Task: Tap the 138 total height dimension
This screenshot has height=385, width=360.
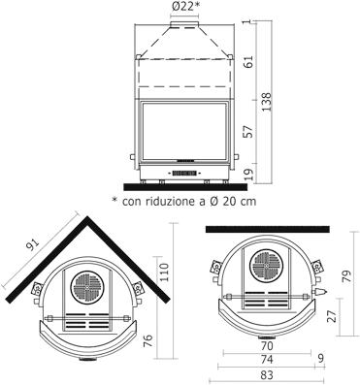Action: click(267, 102)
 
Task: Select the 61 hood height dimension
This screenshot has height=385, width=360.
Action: click(248, 61)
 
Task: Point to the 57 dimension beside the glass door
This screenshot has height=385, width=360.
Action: click(248, 132)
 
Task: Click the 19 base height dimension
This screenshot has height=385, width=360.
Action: click(248, 175)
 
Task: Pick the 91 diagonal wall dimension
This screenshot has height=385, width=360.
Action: click(33, 245)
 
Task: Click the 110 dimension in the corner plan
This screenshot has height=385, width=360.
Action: click(164, 273)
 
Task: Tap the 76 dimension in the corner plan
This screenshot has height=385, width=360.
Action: click(147, 341)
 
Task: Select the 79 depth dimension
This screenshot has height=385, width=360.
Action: click(346, 276)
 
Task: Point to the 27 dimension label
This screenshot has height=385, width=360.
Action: click(332, 316)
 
